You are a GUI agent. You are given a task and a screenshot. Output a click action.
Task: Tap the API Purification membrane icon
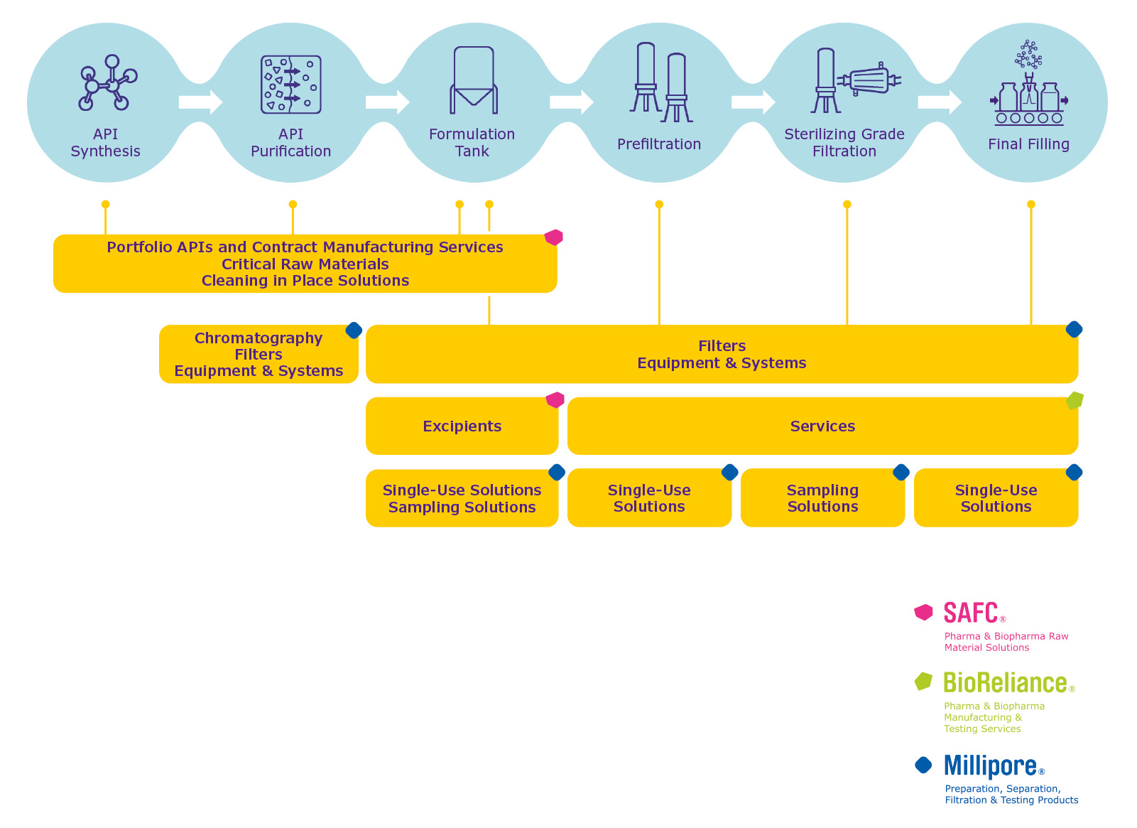coord(290,85)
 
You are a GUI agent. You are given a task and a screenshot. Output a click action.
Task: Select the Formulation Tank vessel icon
coord(473,80)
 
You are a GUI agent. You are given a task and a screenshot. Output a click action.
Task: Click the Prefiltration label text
coord(658,144)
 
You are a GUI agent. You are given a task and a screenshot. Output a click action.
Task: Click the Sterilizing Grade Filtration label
coord(844,143)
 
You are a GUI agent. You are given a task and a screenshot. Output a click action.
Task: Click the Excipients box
coord(462,426)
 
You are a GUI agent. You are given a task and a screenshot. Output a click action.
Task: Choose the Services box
coord(822,426)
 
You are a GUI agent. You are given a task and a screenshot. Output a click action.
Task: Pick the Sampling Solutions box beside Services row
coord(822,498)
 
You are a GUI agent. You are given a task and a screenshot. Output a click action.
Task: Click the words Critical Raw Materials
coord(305,264)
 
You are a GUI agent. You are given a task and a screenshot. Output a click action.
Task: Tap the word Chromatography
coord(259,338)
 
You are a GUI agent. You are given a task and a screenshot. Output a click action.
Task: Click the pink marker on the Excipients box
coord(555,400)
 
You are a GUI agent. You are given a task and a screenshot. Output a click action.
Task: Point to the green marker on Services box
coord(1075,401)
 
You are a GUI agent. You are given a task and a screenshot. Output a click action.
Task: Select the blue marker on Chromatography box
coord(354,330)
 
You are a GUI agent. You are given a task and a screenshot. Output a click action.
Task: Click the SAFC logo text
coord(970,613)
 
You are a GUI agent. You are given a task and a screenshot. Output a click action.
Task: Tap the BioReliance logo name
coord(1004,683)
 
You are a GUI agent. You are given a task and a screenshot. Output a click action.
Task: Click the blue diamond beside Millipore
coord(923,765)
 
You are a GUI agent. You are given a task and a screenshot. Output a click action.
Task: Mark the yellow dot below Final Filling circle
coord(1030,205)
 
